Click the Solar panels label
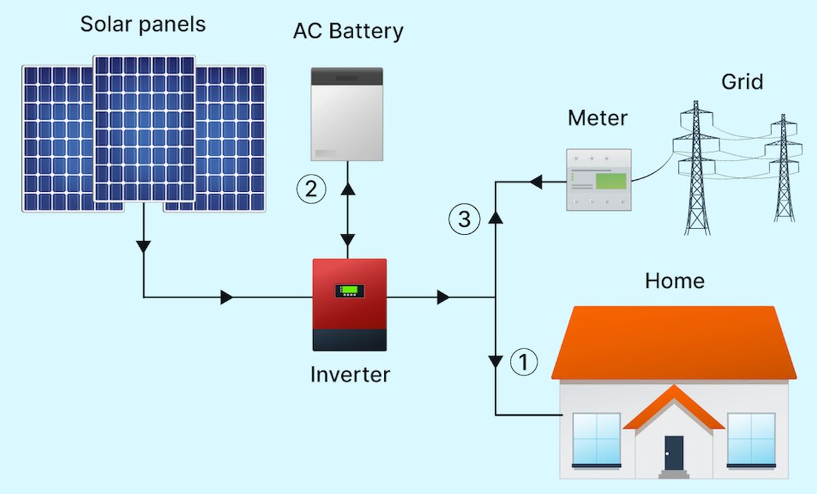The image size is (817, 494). click(142, 24)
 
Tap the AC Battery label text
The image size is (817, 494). click(348, 31)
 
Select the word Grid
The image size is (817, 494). click(742, 82)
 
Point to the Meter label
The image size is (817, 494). click(598, 119)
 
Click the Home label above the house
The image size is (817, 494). click(674, 281)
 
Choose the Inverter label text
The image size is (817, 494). click(350, 375)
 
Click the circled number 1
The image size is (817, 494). click(524, 362)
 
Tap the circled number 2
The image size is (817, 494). click(311, 190)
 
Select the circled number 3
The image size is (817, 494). click(465, 219)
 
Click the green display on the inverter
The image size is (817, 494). click(349, 290)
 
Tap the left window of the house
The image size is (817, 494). click(596, 439)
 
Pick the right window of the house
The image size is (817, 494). click(751, 439)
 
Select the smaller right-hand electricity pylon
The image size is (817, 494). click(783, 168)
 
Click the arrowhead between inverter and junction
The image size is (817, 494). click(443, 297)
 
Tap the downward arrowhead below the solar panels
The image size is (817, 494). click(143, 247)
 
